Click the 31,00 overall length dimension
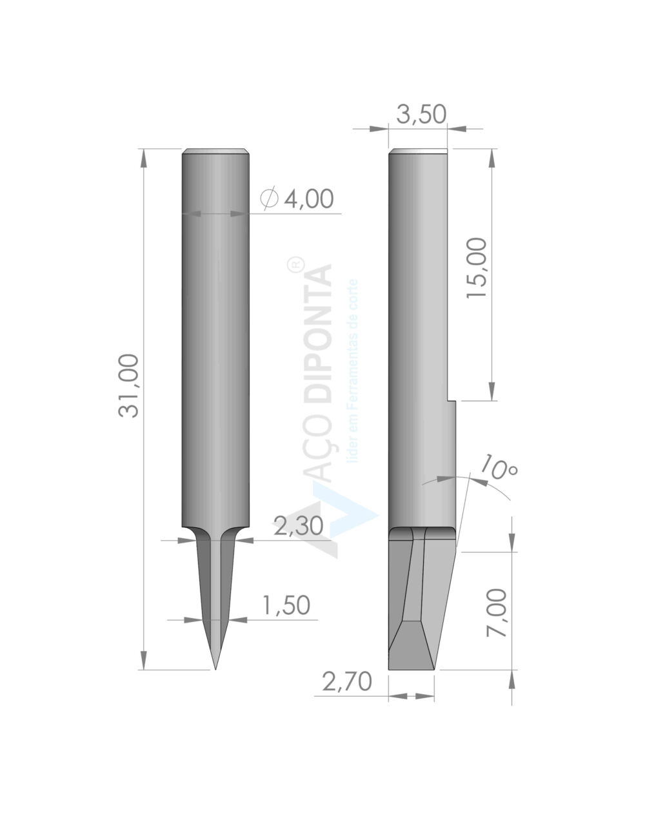(128, 385)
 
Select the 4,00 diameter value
(308, 199)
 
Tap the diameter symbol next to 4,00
(269, 199)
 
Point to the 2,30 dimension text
(298, 526)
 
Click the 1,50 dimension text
(285, 606)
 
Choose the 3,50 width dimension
(421, 114)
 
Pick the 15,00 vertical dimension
(477, 268)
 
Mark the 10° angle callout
(498, 467)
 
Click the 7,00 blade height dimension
(497, 613)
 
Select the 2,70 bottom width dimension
(347, 681)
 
